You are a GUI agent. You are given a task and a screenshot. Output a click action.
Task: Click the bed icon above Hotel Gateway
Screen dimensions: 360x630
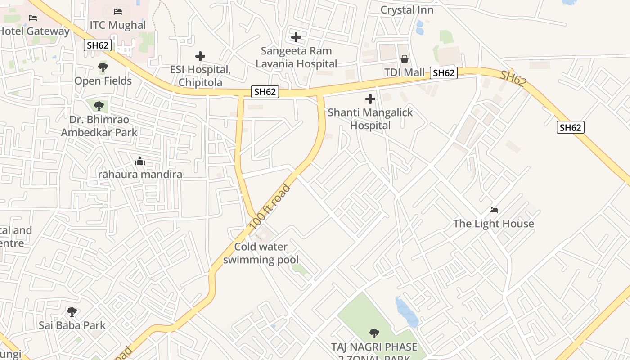point(33,18)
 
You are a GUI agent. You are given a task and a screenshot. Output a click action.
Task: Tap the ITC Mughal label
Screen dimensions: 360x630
point(118,25)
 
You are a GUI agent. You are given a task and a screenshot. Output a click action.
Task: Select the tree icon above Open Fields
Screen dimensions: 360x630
point(103,68)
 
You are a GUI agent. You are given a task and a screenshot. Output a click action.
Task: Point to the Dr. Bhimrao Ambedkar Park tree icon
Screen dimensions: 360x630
point(99,106)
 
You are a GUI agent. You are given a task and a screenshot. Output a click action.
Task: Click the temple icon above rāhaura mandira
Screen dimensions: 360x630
point(140,161)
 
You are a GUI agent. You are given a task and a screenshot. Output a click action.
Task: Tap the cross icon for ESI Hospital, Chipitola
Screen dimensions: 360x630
point(200,56)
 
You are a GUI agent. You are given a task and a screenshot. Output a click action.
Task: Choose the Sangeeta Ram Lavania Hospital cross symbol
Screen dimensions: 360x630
point(296,37)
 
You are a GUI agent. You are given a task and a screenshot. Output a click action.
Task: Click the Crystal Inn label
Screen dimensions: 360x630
point(407,10)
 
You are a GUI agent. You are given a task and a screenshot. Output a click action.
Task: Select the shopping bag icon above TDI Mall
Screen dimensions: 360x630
point(405,59)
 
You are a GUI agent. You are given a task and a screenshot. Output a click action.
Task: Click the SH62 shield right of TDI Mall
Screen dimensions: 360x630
point(444,73)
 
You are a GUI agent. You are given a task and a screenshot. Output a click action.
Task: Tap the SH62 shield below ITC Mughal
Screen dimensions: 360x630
point(97,45)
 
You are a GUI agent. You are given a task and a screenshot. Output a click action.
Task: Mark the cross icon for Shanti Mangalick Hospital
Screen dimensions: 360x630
point(370,99)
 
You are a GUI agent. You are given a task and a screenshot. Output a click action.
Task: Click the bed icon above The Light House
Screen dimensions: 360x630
point(494,210)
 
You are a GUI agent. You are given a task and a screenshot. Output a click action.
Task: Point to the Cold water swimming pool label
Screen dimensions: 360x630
point(261,253)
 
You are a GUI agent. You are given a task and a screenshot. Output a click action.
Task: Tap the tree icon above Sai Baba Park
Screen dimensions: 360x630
point(72,311)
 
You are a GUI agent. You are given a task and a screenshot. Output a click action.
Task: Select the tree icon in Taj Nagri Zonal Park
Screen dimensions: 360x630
point(374,333)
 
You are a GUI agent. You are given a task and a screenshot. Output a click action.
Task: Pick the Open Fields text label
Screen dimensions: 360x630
point(103,81)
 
